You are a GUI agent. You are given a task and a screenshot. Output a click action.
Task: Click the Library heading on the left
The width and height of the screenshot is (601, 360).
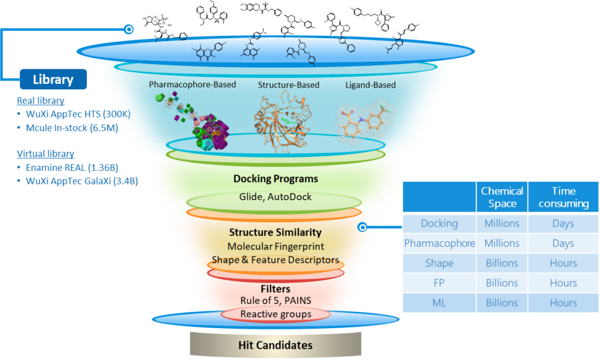coord(53,80)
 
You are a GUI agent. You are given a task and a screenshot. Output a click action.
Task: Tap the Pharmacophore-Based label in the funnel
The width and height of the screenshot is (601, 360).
coord(192,85)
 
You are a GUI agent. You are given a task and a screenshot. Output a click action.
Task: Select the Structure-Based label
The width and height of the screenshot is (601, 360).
coord(289,85)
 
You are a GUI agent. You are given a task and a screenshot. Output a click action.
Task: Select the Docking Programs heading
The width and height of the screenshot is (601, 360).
coord(275,179)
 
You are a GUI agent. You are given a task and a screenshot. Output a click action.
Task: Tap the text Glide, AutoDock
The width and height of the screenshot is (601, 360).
coord(275,197)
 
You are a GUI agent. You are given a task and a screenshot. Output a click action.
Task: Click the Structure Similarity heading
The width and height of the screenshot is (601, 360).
coord(276,233)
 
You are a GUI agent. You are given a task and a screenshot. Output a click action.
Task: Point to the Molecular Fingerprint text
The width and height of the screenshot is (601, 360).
coord(276,247)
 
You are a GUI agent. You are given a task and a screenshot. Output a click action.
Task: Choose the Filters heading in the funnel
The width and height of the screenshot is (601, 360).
coord(275,289)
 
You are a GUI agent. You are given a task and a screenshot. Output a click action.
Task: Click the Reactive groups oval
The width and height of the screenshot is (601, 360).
coord(275,314)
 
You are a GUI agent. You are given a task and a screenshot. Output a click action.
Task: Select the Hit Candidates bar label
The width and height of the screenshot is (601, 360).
coord(275,345)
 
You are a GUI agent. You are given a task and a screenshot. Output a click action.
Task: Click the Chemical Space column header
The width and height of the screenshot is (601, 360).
coord(502,197)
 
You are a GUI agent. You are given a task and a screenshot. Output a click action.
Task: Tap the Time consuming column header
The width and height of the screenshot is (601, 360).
coord(563,197)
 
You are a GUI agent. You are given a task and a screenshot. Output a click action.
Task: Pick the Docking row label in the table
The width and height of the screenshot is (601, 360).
coord(439,223)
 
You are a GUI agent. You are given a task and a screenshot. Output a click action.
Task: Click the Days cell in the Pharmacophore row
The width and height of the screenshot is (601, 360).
coord(563,243)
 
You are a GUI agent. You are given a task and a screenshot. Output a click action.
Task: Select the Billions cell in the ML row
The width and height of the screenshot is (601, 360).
coord(502,303)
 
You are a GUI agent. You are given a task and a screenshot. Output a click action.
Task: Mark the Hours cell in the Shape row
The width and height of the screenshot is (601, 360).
coord(563,263)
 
